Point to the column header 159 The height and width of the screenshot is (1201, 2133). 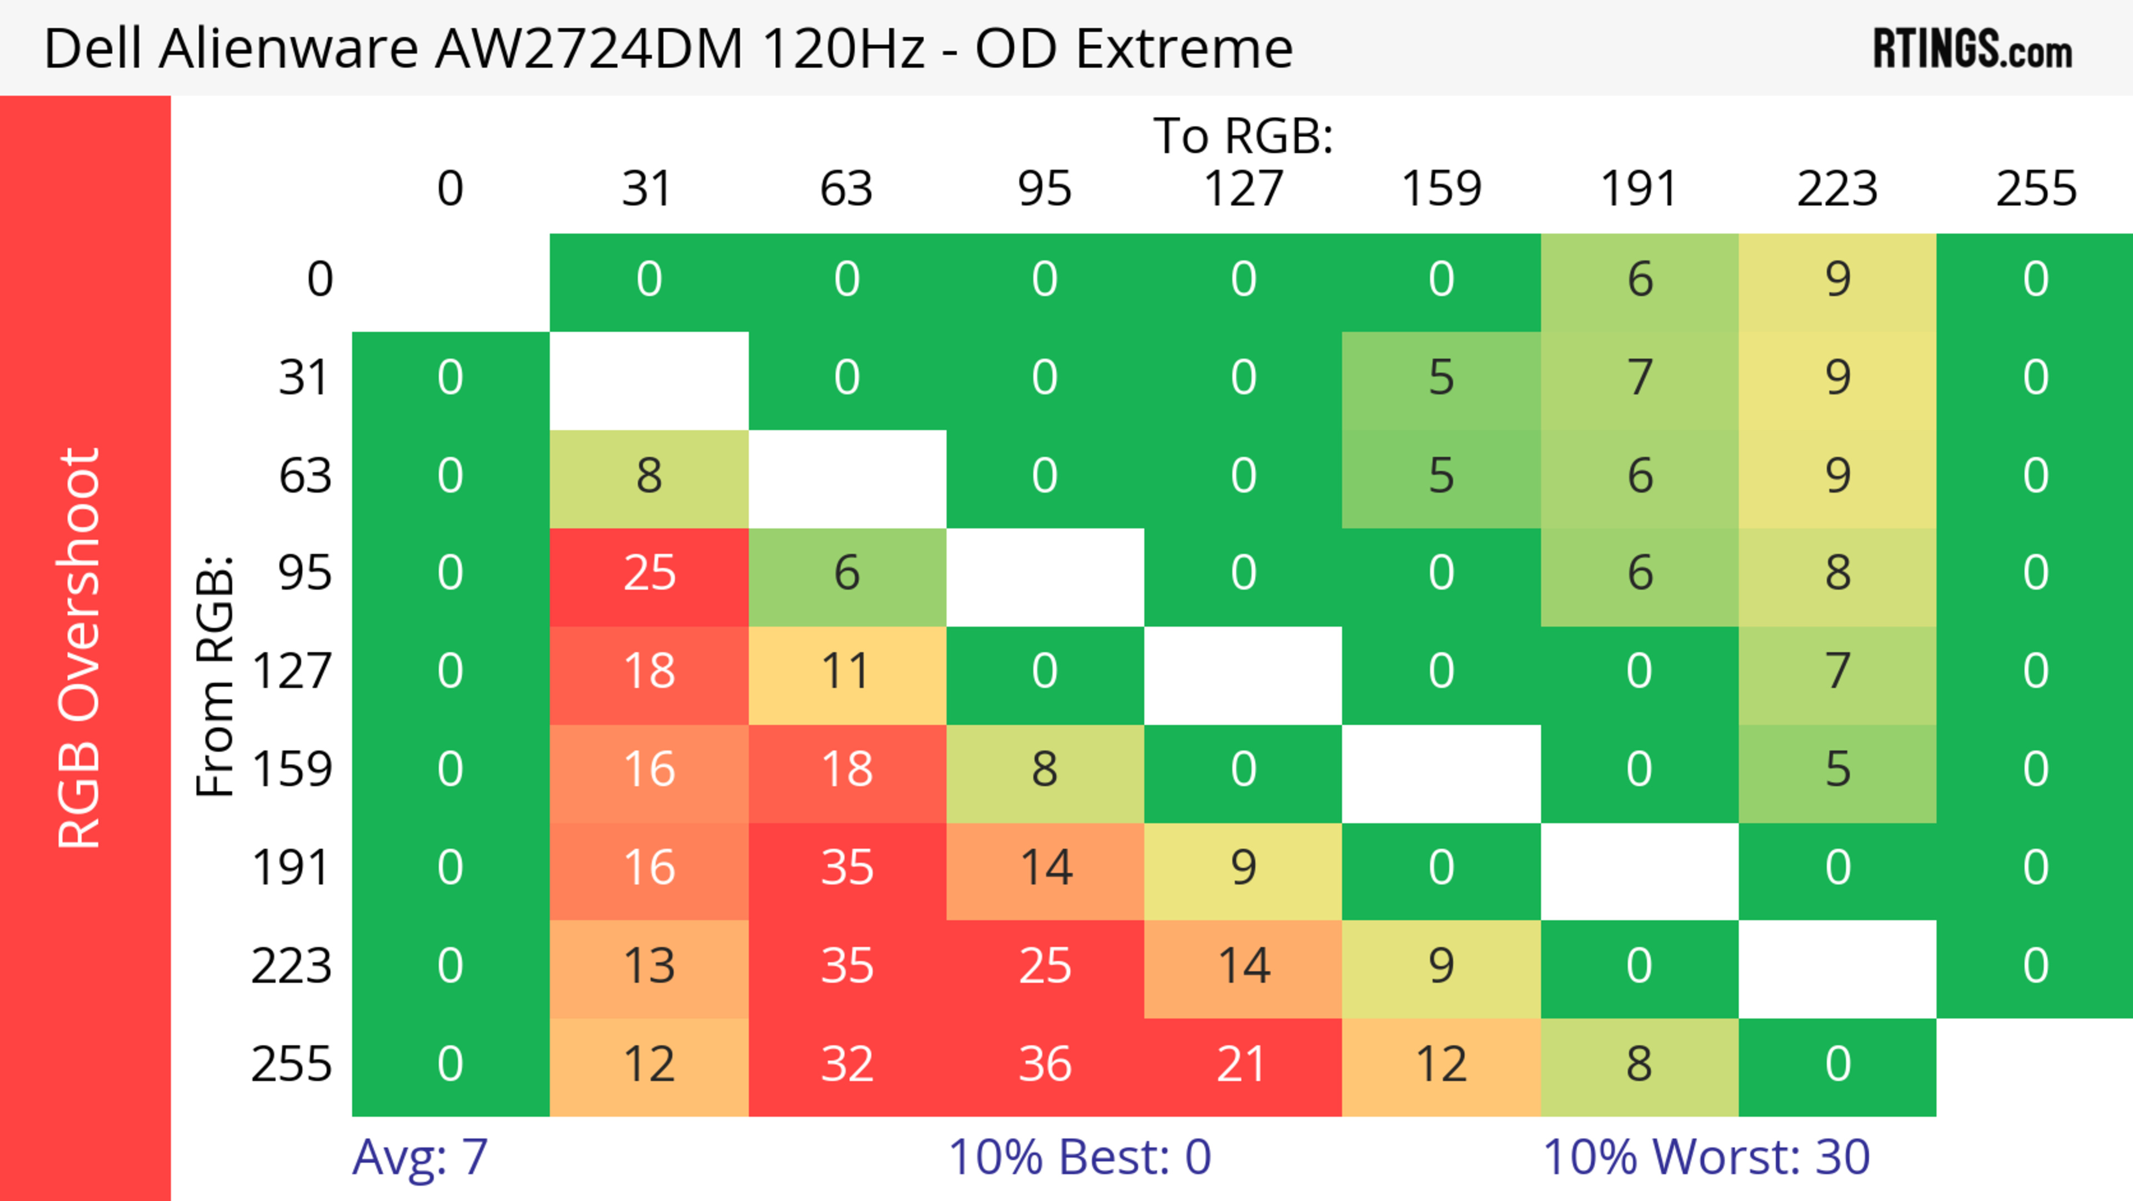pos(1441,189)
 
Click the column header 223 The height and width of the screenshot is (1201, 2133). pos(1836,189)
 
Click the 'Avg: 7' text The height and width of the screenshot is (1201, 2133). pos(420,1157)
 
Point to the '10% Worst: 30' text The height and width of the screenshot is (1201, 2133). pos(1706,1157)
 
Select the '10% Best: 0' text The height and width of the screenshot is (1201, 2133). pos(1079,1157)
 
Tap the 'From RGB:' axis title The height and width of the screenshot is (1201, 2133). pos(216,676)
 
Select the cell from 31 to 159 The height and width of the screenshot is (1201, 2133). pos(1441,378)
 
